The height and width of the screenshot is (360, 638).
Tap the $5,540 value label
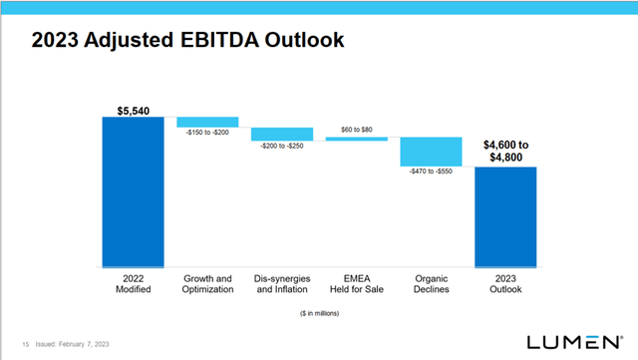[133, 107]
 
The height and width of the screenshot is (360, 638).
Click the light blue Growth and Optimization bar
[207, 122]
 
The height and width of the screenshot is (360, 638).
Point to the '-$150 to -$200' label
[207, 133]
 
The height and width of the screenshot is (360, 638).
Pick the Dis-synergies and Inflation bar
[282, 134]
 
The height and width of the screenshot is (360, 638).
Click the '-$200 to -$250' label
[282, 147]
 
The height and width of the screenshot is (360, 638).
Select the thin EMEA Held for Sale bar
[357, 139]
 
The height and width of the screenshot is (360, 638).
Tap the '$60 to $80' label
[357, 129]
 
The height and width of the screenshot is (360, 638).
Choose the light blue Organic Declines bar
[432, 152]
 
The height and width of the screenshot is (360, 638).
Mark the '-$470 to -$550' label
[432, 172]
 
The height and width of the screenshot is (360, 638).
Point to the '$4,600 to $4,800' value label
[506, 151]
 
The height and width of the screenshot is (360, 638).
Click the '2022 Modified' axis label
[133, 283]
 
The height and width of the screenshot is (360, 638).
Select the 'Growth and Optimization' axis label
[207, 283]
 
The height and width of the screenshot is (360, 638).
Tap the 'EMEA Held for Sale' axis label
[357, 283]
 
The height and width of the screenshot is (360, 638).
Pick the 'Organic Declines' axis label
[432, 283]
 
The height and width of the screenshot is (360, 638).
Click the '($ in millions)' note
[319, 313]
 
